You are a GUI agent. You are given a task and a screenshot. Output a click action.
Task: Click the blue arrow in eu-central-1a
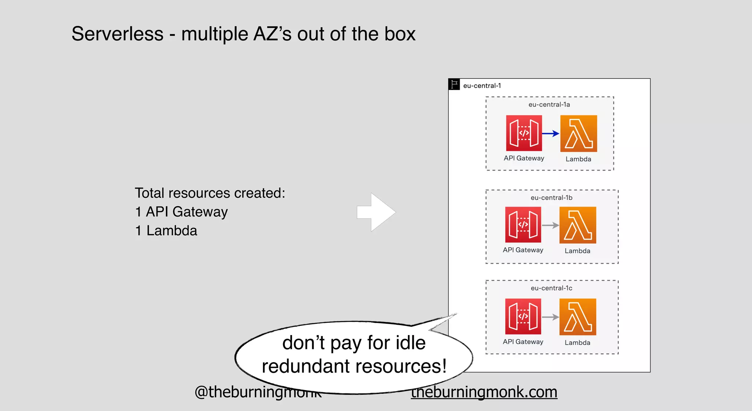click(550, 134)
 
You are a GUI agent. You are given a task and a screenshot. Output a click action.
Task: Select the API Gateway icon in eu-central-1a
click(524, 133)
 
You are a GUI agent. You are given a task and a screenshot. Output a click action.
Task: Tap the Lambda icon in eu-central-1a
click(578, 134)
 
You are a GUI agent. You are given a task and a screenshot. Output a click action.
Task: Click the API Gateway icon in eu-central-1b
click(523, 225)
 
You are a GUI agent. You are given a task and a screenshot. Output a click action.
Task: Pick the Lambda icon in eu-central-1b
click(578, 225)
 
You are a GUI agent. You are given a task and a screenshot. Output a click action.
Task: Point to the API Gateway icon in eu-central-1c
click(523, 316)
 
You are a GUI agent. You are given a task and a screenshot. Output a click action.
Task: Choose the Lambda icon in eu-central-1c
click(578, 317)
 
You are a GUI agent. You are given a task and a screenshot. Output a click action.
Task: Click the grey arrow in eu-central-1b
click(550, 225)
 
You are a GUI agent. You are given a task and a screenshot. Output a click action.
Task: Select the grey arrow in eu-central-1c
click(550, 317)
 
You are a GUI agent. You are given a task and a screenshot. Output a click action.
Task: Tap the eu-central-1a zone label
click(549, 105)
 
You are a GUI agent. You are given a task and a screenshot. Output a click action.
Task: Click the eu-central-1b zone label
click(551, 198)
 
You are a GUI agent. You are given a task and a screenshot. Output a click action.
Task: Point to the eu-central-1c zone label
click(551, 288)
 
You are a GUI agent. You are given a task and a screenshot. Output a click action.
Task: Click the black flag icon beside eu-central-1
click(454, 84)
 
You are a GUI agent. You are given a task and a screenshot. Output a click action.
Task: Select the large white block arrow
click(376, 212)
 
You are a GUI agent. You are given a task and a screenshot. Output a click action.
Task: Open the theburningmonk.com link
click(484, 392)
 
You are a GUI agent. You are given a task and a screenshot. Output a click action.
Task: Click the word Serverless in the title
click(117, 34)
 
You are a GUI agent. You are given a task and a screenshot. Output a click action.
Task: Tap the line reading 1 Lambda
click(166, 231)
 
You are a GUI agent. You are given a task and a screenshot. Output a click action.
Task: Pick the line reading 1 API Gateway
click(181, 212)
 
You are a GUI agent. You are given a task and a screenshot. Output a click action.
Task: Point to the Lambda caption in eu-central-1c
click(577, 343)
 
